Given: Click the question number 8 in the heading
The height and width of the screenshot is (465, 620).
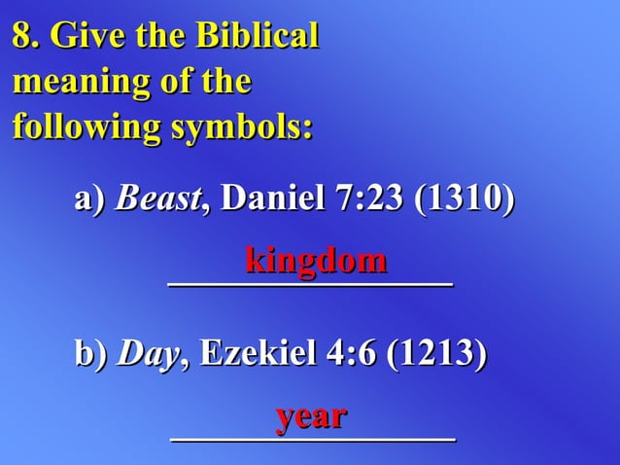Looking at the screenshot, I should click(x=22, y=37).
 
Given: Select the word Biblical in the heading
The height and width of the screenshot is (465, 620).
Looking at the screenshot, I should click(x=258, y=37).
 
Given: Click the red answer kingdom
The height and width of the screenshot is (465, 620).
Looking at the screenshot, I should click(x=316, y=260).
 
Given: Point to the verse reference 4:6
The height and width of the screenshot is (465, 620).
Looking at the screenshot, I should click(x=346, y=353).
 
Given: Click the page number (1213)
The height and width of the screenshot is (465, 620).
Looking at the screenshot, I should click(x=436, y=353).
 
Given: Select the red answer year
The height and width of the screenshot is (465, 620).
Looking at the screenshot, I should click(x=311, y=416).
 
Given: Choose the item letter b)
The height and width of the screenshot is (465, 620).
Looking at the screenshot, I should click(x=90, y=353).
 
